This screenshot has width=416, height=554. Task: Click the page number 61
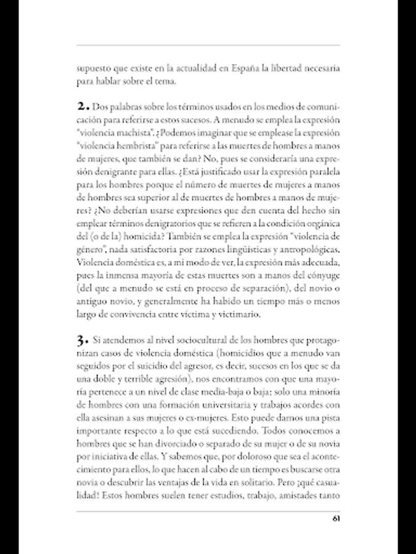coord(336,518)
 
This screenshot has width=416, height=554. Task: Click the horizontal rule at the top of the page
coord(208,45)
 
